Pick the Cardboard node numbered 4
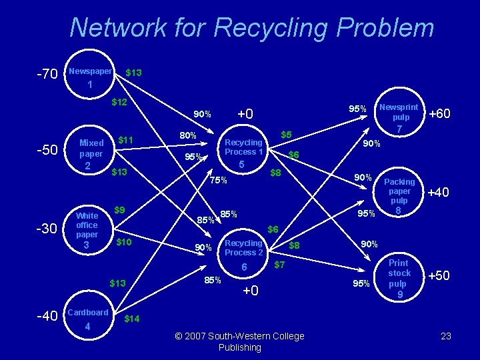point(87,319)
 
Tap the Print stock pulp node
point(399,277)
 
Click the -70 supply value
point(46,73)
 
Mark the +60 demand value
point(439,114)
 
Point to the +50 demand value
point(439,275)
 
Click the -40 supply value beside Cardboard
point(46,316)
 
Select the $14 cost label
point(132,319)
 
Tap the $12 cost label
point(119,102)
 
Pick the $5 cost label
point(287,135)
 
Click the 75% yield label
point(218,180)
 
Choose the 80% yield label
point(188,136)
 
